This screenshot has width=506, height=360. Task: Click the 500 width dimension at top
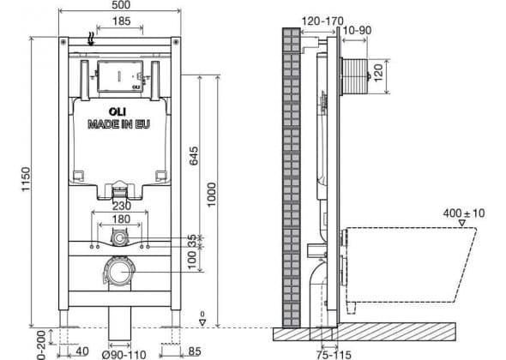pos(122,5)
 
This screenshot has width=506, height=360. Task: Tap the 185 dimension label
pos(121,21)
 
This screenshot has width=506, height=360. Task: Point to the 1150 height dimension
pos(26,179)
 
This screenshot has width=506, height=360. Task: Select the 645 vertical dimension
pos(194,156)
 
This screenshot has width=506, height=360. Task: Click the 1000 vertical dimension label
pos(211,195)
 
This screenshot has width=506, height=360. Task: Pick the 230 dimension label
pos(122,206)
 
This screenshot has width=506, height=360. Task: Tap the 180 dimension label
pos(121,219)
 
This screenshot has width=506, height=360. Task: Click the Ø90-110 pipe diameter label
pos(123,355)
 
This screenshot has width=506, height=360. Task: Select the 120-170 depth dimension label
pos(322,21)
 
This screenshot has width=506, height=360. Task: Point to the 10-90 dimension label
pos(357,30)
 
